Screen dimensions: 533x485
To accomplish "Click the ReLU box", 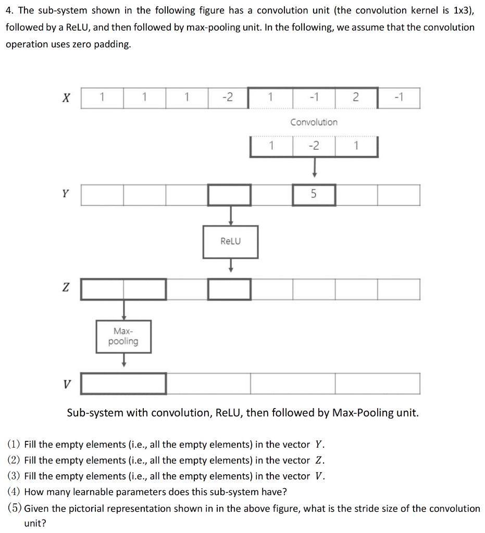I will coord(230,242).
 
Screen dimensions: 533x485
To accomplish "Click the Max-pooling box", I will coord(123,337).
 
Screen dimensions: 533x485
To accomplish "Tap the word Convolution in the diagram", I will coord(314,122).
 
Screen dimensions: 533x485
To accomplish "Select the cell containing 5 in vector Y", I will coord(314,195).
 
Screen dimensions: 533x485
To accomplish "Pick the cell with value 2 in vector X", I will coord(356,97).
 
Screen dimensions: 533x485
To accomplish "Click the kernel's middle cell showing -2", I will coord(314,146).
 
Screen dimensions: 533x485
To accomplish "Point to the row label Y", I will coord(65,194).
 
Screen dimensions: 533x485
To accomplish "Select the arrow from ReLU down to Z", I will coord(230,266).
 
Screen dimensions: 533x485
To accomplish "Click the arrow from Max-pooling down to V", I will coord(123,361).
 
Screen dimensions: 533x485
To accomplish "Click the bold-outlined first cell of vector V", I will coord(123,384).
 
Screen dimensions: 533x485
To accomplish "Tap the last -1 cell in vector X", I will coord(399,97).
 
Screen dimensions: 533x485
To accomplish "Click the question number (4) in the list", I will coord(15,492).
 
